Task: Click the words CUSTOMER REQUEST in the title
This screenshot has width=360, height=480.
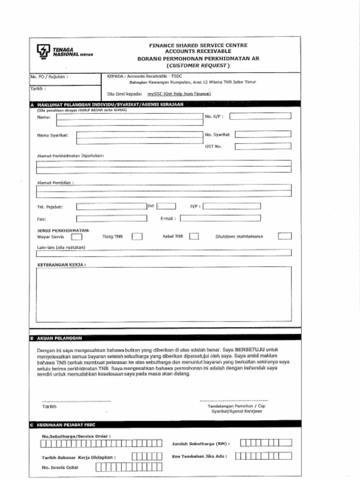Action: [198, 66]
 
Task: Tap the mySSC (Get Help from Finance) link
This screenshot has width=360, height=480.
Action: [179, 94]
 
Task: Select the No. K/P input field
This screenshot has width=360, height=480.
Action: [260, 116]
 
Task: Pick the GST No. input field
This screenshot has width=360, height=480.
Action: [262, 146]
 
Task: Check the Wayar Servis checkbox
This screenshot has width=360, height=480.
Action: [77, 237]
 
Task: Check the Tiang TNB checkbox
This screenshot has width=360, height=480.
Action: [137, 237]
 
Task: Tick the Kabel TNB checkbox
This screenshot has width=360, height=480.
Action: [194, 237]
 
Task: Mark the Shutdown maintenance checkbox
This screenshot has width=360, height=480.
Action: [284, 236]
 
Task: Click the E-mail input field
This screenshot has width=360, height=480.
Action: [220, 218]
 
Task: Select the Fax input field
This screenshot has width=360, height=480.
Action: [111, 218]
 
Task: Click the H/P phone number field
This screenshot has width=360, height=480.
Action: [232, 206]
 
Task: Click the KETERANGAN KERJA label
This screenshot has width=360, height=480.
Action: [61, 265]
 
